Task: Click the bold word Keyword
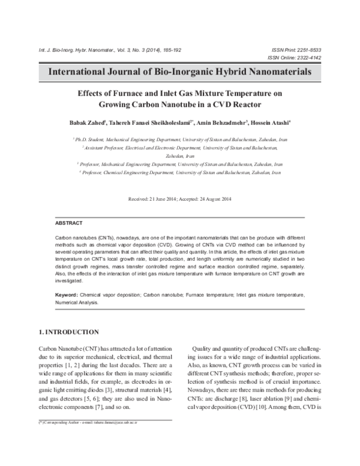pyautogui.click(x=66, y=295)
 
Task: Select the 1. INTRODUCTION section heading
pyautogui.click(x=69, y=331)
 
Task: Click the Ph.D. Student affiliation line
pyautogui.click(x=179, y=139)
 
